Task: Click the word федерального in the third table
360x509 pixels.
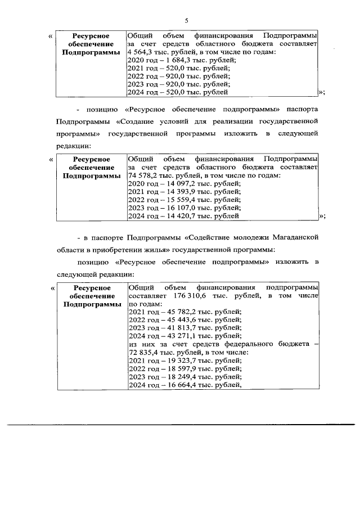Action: pyautogui.click(x=256, y=344)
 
